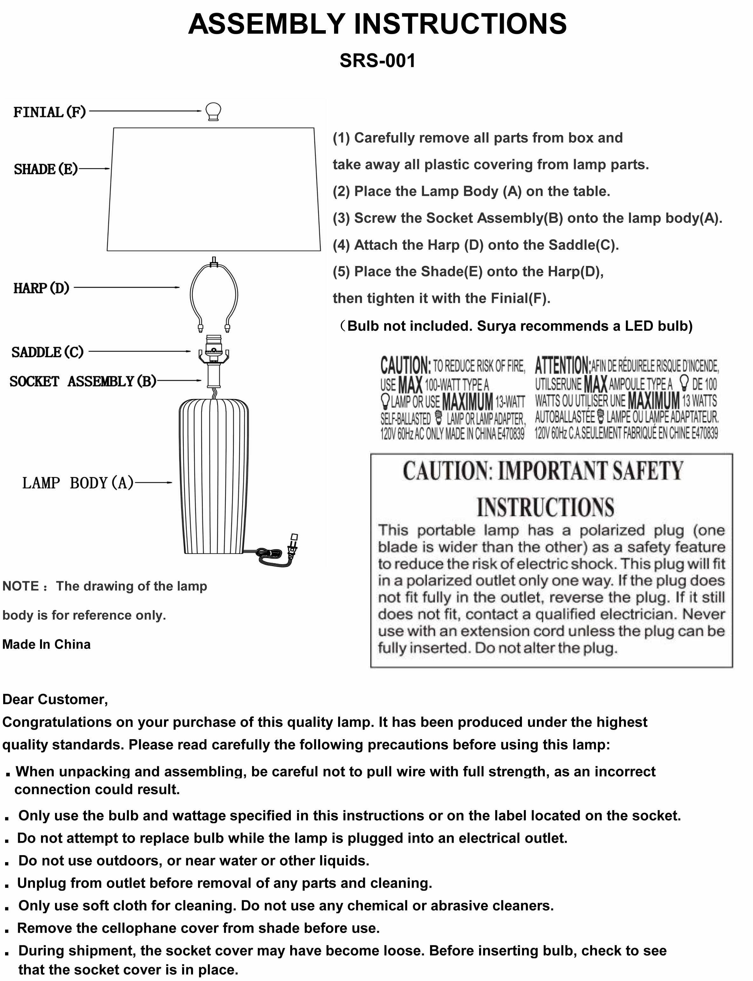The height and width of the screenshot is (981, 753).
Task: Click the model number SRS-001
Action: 377,60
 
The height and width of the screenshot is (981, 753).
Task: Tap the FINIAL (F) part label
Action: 49,112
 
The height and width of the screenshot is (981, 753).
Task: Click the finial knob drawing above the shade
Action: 213,111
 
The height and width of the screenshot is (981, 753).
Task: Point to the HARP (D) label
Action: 41,288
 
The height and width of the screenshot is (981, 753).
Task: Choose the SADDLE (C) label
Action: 47,352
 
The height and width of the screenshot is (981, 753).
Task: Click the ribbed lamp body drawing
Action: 214,475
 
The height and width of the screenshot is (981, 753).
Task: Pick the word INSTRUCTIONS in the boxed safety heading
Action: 545,507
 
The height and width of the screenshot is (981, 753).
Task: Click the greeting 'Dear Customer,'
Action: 55,699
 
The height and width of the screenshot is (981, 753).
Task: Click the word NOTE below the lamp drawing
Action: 21,586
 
